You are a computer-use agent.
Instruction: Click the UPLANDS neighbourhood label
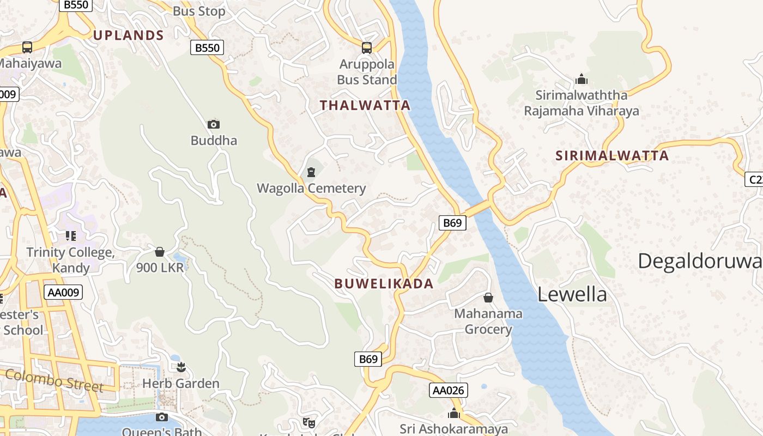pyautogui.click(x=128, y=35)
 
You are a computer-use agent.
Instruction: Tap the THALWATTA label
pyautogui.click(x=365, y=105)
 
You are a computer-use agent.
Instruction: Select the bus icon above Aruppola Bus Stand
pyautogui.click(x=367, y=48)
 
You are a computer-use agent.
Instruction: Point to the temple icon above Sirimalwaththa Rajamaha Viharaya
pyautogui.click(x=582, y=80)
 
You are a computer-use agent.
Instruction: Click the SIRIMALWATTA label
pyautogui.click(x=612, y=155)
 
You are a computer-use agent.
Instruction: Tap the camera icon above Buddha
pyautogui.click(x=214, y=124)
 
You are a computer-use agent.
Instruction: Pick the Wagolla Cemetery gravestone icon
pyautogui.click(x=311, y=173)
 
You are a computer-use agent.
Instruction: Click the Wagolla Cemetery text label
pyautogui.click(x=311, y=189)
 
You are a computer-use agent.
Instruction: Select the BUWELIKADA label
pyautogui.click(x=384, y=283)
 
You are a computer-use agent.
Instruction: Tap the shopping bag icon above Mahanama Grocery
pyautogui.click(x=488, y=298)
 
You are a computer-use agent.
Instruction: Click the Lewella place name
pyautogui.click(x=572, y=294)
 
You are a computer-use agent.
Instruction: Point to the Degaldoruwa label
pyautogui.click(x=700, y=261)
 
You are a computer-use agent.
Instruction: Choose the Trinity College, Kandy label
pyautogui.click(x=70, y=260)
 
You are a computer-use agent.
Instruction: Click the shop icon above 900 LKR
pyautogui.click(x=160, y=252)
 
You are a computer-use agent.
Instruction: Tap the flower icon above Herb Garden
pyautogui.click(x=181, y=367)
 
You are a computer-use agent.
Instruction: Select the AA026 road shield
pyautogui.click(x=449, y=390)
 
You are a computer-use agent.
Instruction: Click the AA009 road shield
pyautogui.click(x=64, y=292)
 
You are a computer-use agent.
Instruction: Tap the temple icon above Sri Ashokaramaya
pyautogui.click(x=454, y=414)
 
